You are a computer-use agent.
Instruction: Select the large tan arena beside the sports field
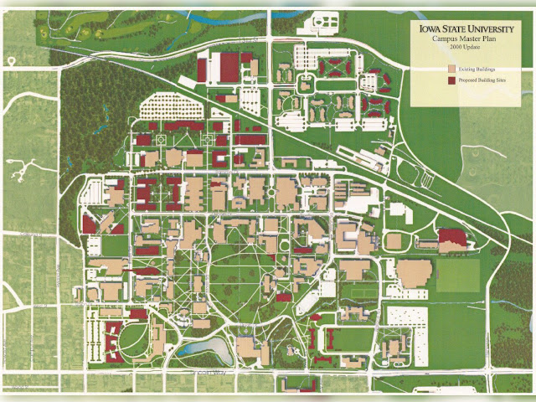(414, 273)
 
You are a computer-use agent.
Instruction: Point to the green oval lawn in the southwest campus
(139, 339)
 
